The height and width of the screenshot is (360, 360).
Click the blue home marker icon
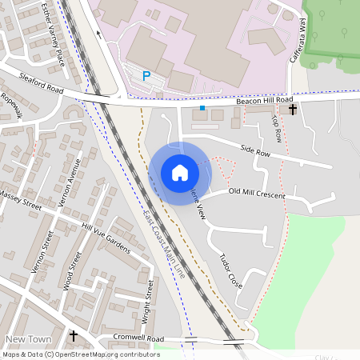point(179,173)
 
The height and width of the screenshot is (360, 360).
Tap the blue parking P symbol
point(146,75)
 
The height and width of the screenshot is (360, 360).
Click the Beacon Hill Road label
point(263,102)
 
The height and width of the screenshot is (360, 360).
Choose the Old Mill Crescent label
point(257,192)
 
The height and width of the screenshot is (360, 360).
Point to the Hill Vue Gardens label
point(106,238)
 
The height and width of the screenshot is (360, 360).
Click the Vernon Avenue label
point(70,184)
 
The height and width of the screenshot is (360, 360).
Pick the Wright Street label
point(148,300)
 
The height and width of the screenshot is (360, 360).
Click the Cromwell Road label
point(138,338)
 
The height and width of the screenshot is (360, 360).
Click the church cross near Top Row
point(293,109)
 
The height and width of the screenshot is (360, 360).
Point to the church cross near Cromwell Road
point(74,337)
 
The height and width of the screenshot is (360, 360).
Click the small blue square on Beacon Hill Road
point(202,107)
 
